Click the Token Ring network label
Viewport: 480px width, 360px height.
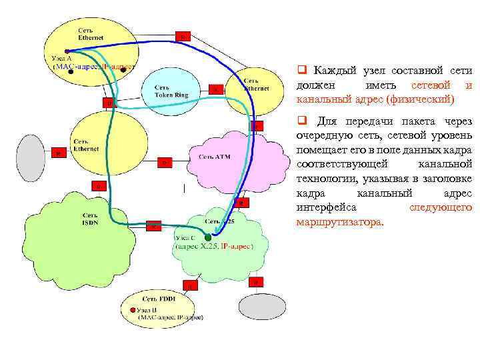tap(171, 91)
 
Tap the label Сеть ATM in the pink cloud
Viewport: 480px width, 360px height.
tap(214, 157)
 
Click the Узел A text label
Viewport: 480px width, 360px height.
tap(57, 59)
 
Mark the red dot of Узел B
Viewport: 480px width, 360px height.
tap(133, 311)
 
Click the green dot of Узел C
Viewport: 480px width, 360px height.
tap(208, 237)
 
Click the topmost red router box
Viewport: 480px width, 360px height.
tap(182, 36)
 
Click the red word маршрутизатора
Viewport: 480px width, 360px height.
tap(339, 222)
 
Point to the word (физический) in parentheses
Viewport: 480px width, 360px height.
tap(421, 99)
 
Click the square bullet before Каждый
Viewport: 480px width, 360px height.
tap(301, 69)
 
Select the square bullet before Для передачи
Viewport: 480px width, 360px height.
tap(301, 121)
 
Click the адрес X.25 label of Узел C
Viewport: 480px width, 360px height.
tap(193, 246)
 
